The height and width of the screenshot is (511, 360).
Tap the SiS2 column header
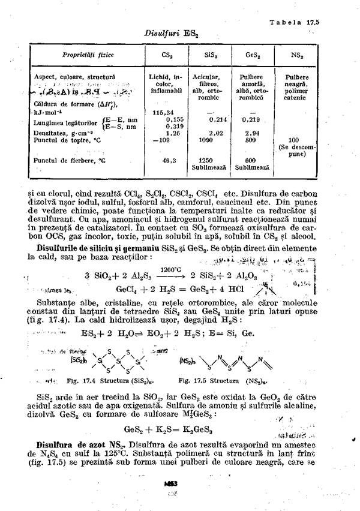(210, 55)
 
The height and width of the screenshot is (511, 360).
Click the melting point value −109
(161, 140)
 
